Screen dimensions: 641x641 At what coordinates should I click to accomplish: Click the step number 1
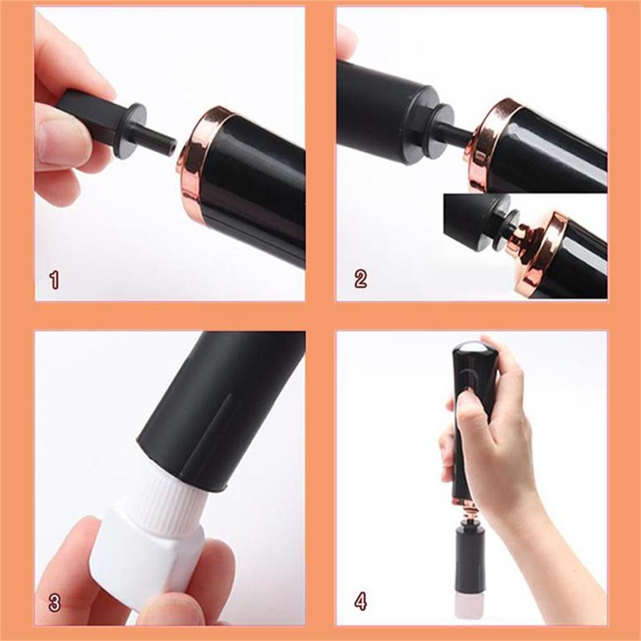pos(54,279)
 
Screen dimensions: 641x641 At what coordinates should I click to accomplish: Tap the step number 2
pos(361,279)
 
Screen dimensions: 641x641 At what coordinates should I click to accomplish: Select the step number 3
pos(54,603)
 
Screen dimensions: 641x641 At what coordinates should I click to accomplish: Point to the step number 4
pos(361,603)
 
